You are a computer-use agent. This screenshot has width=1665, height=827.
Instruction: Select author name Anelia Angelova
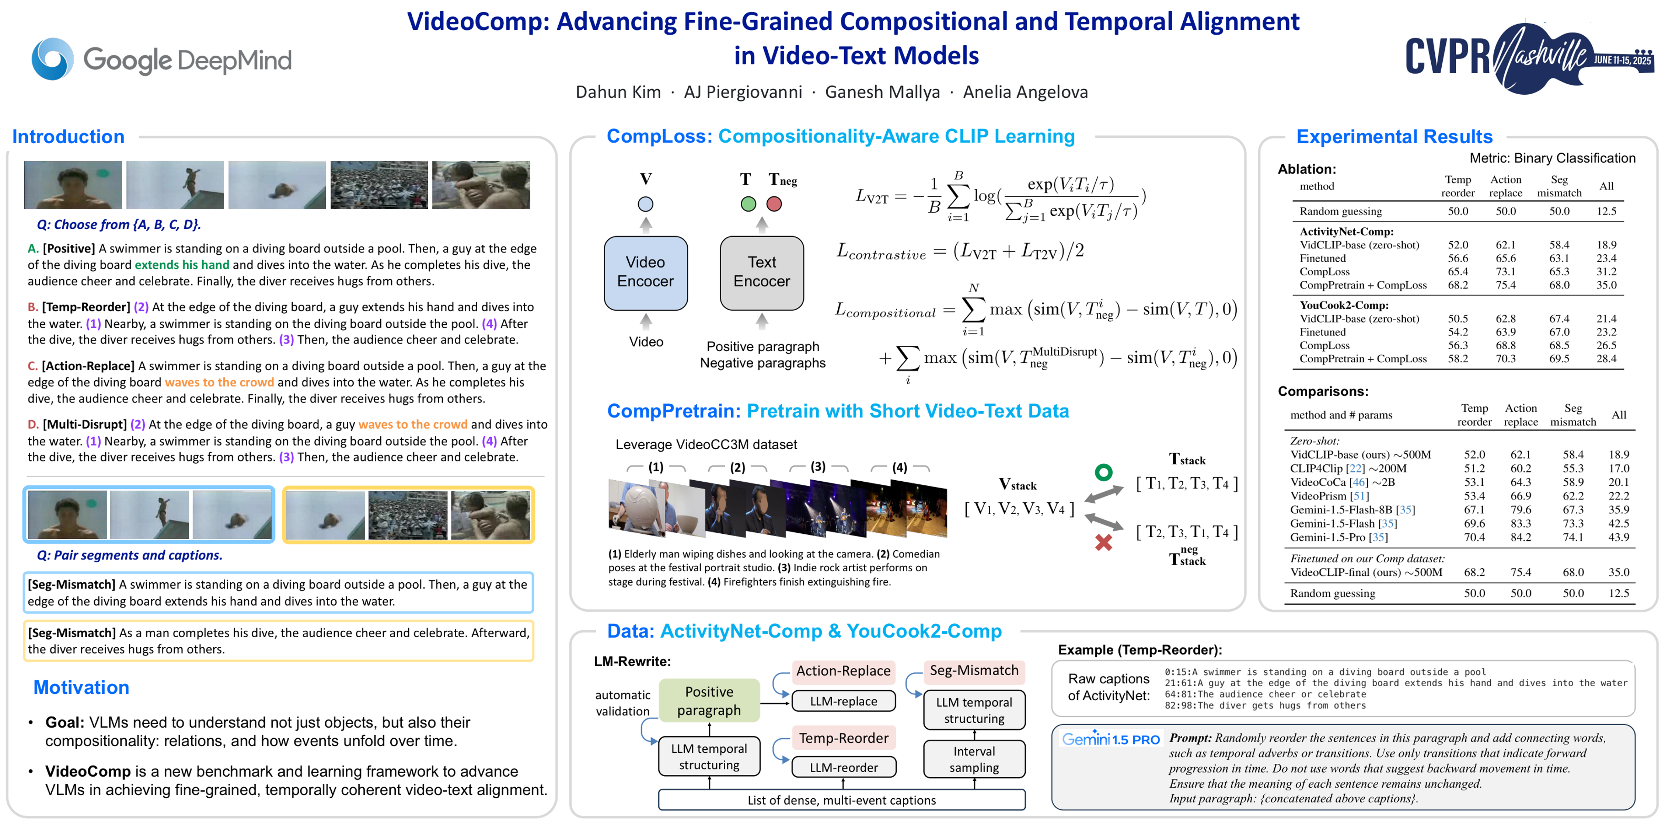pyautogui.click(x=1025, y=92)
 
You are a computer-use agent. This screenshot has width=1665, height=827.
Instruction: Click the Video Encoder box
pyautogui.click(x=645, y=272)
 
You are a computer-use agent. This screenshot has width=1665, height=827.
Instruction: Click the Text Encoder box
pyautogui.click(x=761, y=272)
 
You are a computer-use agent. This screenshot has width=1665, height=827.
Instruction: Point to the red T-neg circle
pyautogui.click(x=774, y=204)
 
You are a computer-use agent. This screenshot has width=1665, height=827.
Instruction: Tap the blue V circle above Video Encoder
pyautogui.click(x=645, y=204)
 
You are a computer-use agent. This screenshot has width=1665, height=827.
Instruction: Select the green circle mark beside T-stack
pyautogui.click(x=1103, y=473)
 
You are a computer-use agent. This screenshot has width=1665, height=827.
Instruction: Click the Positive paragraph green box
pyautogui.click(x=709, y=700)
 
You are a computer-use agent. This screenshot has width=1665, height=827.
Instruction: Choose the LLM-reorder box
pyautogui.click(x=844, y=767)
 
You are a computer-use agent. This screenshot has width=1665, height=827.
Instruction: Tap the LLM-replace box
pyautogui.click(x=844, y=701)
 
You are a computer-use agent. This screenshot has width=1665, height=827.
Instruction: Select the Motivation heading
pyautogui.click(x=81, y=687)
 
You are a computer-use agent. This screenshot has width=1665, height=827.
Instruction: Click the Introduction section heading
pyautogui.click(x=69, y=137)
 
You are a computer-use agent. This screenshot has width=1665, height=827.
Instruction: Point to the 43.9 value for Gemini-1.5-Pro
pyautogui.click(x=1618, y=537)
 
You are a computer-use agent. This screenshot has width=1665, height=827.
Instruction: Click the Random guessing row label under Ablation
pyautogui.click(x=1341, y=211)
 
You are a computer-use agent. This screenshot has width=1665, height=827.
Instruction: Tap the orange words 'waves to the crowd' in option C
pyautogui.click(x=219, y=382)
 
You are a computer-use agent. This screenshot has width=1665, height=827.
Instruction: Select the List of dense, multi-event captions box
pyautogui.click(x=841, y=800)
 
